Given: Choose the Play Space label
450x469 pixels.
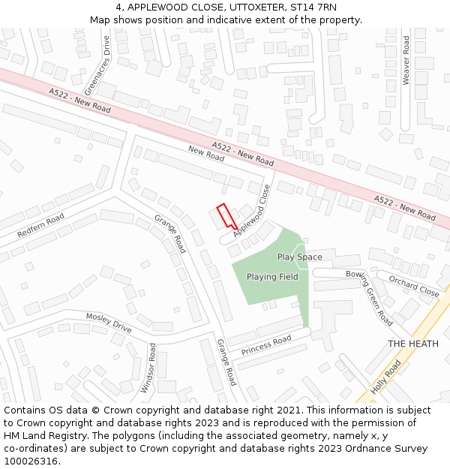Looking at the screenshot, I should pos(299,257).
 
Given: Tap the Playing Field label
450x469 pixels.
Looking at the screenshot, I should pos(272,277).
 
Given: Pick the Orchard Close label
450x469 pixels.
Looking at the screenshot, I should pos(414,286).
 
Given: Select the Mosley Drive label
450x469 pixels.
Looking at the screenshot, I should pos(108,323).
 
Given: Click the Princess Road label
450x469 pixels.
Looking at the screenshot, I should pos(266,346).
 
